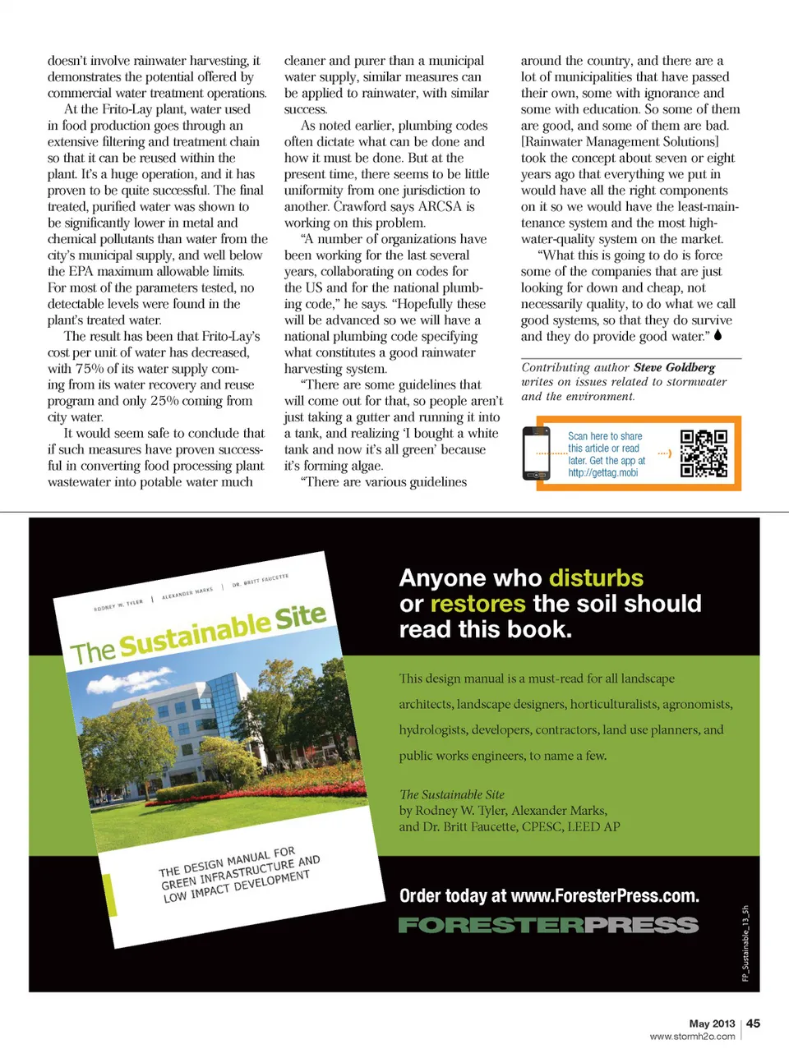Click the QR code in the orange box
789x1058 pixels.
tap(704, 453)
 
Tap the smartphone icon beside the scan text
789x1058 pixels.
tap(537, 453)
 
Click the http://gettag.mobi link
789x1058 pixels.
tap(602, 473)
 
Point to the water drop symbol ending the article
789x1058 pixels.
tap(717, 335)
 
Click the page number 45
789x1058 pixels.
tap(753, 1023)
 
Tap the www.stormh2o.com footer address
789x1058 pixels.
tap(692, 1037)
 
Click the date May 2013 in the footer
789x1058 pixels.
tap(712, 1023)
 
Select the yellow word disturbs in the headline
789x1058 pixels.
tap(596, 578)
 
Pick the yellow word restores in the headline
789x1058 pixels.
tap(478, 605)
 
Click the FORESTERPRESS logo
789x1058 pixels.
tap(548, 925)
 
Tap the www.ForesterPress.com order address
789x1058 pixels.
tap(604, 896)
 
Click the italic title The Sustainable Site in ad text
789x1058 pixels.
tap(451, 794)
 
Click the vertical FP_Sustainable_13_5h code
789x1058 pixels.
tap(745, 943)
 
